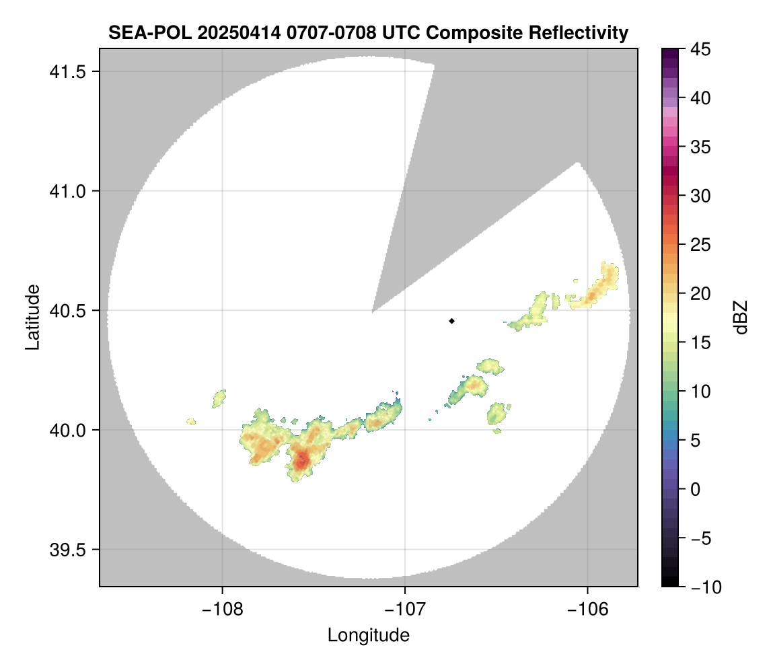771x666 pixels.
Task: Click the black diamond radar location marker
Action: point(452,321)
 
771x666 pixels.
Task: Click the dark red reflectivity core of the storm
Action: point(302,460)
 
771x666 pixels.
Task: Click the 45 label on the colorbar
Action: point(701,50)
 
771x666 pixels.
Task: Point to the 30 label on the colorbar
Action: point(701,196)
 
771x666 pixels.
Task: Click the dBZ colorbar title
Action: point(741,318)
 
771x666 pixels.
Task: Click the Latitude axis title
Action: point(32,317)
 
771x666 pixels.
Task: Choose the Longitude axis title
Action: point(368,635)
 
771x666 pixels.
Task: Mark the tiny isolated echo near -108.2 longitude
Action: point(192,421)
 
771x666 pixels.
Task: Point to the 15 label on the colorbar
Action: point(701,343)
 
